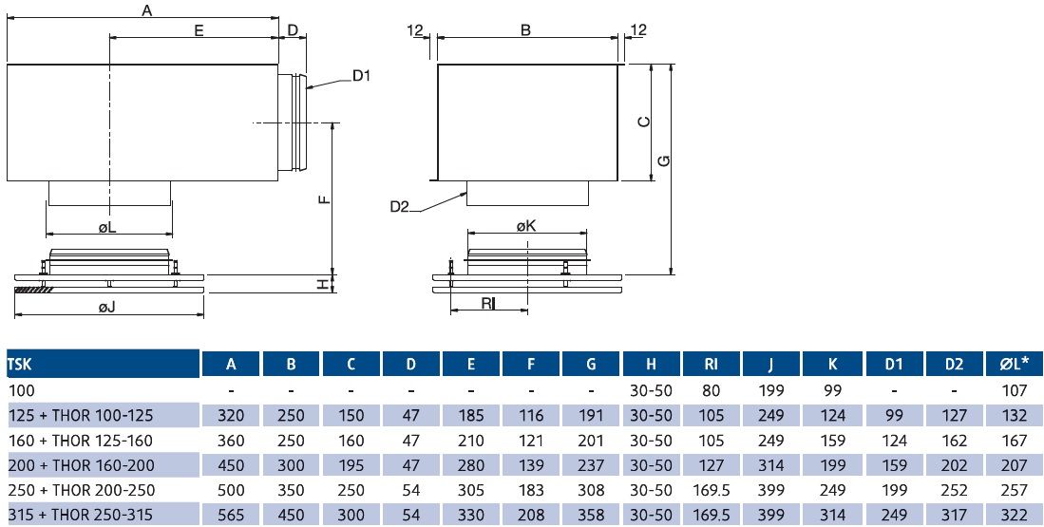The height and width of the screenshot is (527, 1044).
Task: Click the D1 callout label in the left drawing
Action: click(x=361, y=76)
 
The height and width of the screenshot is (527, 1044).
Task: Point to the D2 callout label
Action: click(x=399, y=207)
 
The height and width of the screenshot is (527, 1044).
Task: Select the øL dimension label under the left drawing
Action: click(x=106, y=228)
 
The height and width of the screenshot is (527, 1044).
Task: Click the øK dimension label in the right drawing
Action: click(x=526, y=226)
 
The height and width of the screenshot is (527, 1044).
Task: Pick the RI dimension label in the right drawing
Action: click(x=487, y=304)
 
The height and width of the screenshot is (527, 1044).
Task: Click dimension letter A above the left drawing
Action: click(x=146, y=11)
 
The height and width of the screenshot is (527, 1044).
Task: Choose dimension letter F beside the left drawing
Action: click(x=324, y=199)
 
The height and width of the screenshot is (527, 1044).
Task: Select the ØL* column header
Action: click(x=1014, y=363)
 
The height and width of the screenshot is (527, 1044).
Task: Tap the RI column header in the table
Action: click(x=712, y=363)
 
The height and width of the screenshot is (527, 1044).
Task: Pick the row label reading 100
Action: click(x=19, y=389)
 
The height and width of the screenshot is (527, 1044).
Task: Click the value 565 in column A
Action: click(x=231, y=515)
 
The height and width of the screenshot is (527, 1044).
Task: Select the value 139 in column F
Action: click(x=531, y=465)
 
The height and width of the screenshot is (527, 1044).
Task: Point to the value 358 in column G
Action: click(x=591, y=515)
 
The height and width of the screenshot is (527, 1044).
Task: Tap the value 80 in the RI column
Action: click(x=712, y=389)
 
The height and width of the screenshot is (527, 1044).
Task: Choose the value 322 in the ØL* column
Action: click(x=1014, y=515)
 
